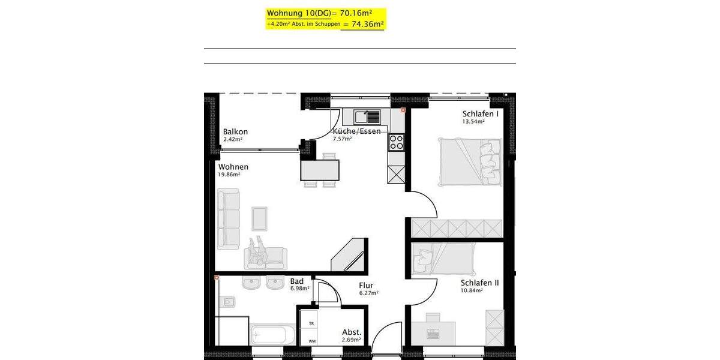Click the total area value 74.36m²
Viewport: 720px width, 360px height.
(x=367, y=25)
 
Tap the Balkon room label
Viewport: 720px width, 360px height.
(x=235, y=132)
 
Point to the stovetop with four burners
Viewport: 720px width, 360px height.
(x=397, y=142)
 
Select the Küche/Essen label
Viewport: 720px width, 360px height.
(x=356, y=131)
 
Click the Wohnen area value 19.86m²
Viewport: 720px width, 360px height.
(x=229, y=175)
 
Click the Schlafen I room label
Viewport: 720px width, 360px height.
(x=481, y=114)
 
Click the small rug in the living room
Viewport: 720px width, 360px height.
(x=260, y=218)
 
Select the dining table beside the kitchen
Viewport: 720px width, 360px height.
(x=319, y=170)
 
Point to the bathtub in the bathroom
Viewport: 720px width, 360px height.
(x=273, y=335)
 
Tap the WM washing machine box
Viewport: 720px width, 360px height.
(x=311, y=340)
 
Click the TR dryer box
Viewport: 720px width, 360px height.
(x=311, y=323)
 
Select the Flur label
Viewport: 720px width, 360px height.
(x=367, y=286)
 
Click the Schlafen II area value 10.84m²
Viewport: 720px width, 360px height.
(x=471, y=290)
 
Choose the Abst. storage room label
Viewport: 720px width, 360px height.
(x=351, y=332)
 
